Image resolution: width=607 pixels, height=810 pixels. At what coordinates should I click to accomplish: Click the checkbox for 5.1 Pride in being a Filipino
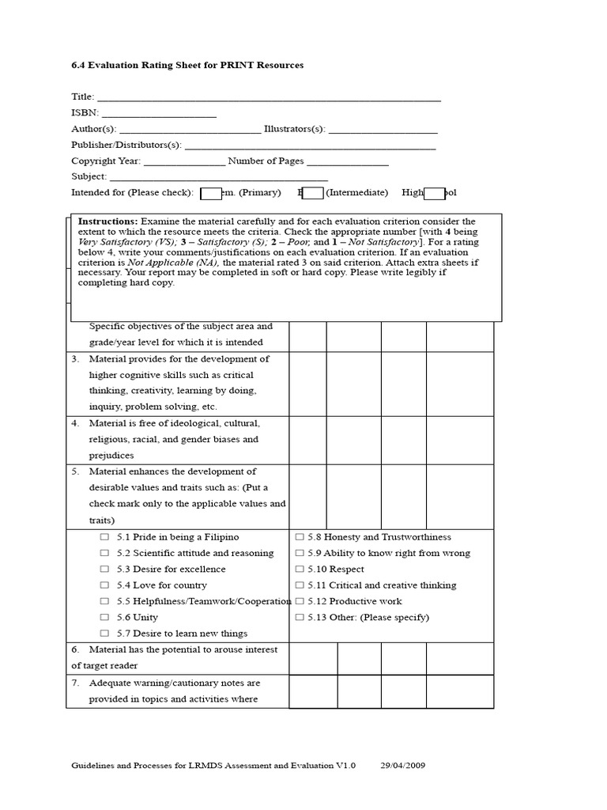click(104, 537)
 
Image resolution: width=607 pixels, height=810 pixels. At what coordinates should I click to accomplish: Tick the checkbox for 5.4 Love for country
click(104, 585)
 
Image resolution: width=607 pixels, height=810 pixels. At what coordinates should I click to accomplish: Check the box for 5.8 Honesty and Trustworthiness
click(300, 537)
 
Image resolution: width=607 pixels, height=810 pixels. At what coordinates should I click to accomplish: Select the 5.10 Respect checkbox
click(300, 570)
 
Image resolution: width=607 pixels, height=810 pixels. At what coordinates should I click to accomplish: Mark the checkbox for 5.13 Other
click(300, 618)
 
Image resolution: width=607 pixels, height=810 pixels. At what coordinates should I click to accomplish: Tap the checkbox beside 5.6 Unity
click(104, 618)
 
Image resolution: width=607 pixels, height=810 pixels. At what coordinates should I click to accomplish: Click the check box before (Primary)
click(210, 193)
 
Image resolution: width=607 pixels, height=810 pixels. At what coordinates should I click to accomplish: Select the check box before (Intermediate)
click(312, 193)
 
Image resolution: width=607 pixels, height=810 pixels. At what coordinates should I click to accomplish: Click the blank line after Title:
click(269, 98)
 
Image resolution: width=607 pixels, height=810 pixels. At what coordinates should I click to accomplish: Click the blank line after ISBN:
click(158, 114)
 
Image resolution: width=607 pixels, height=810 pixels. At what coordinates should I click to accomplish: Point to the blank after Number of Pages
click(348, 162)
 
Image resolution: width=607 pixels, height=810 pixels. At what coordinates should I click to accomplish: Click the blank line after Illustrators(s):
click(383, 130)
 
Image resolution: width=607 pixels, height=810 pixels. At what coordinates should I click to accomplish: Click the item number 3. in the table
click(75, 359)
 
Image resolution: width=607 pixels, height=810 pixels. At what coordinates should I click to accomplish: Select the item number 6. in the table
click(75, 650)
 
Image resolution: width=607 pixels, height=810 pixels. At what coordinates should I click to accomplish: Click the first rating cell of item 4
click(307, 440)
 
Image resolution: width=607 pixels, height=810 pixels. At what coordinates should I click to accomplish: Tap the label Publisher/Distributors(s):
click(126, 146)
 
